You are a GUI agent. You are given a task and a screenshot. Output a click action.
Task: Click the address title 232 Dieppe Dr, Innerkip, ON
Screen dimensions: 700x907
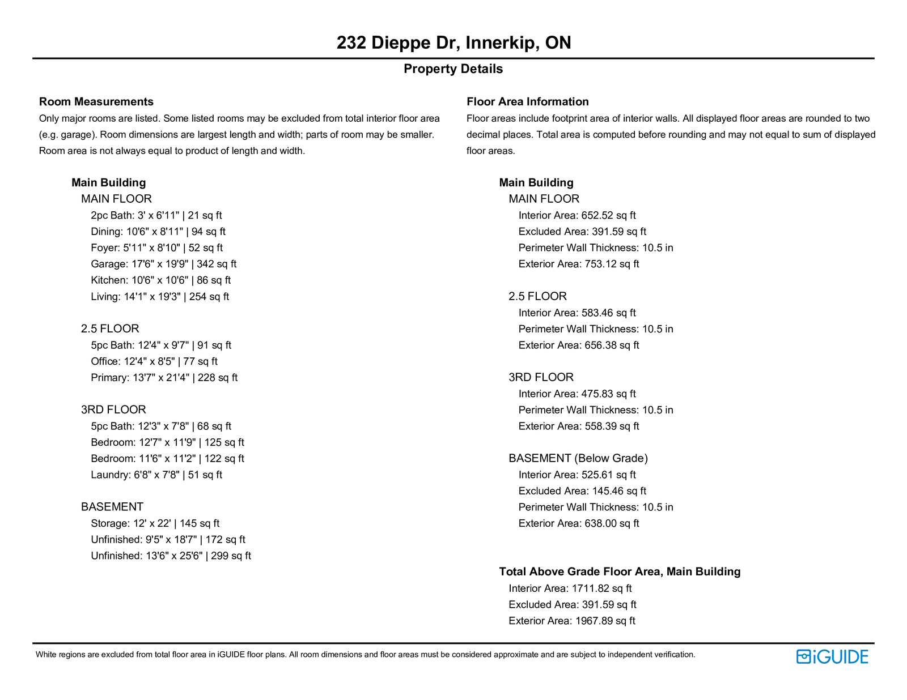click(x=453, y=43)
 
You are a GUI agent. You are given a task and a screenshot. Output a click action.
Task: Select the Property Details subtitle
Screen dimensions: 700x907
click(x=453, y=69)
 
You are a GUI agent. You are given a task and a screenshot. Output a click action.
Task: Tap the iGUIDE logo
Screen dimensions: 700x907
click(x=832, y=656)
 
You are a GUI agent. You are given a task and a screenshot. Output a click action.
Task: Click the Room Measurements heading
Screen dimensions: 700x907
click(x=96, y=102)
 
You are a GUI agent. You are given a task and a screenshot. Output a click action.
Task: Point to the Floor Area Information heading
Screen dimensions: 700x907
click(x=527, y=102)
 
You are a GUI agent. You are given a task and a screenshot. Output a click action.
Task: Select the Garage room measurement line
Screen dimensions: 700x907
click(x=163, y=264)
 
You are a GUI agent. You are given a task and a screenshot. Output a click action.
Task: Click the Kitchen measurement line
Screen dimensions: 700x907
click(x=160, y=280)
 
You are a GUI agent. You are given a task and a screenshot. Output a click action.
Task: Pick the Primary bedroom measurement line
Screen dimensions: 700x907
click(x=164, y=378)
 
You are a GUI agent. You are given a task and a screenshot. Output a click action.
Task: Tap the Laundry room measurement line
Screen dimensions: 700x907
click(x=156, y=475)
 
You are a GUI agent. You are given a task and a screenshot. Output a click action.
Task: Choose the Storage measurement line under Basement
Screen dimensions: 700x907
click(x=155, y=523)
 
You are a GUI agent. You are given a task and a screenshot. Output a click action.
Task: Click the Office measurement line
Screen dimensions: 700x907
click(x=154, y=361)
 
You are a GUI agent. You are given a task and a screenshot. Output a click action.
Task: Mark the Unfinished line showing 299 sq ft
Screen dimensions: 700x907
click(x=171, y=556)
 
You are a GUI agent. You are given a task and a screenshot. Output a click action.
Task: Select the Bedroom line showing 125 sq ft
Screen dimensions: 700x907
click(x=167, y=442)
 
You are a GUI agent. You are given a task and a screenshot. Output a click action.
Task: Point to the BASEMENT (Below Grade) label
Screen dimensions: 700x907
click(x=578, y=458)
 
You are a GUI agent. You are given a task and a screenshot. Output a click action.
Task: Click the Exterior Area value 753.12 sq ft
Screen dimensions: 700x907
click(x=612, y=264)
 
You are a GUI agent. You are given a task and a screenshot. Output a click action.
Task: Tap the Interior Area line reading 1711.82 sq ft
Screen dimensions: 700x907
click(x=570, y=588)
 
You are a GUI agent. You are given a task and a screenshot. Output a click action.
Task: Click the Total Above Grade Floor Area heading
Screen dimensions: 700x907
click(x=620, y=571)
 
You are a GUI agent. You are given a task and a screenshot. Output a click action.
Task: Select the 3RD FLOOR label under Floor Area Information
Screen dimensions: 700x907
click(x=541, y=377)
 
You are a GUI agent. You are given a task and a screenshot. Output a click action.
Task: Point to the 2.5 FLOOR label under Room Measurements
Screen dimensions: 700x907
click(x=110, y=328)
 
